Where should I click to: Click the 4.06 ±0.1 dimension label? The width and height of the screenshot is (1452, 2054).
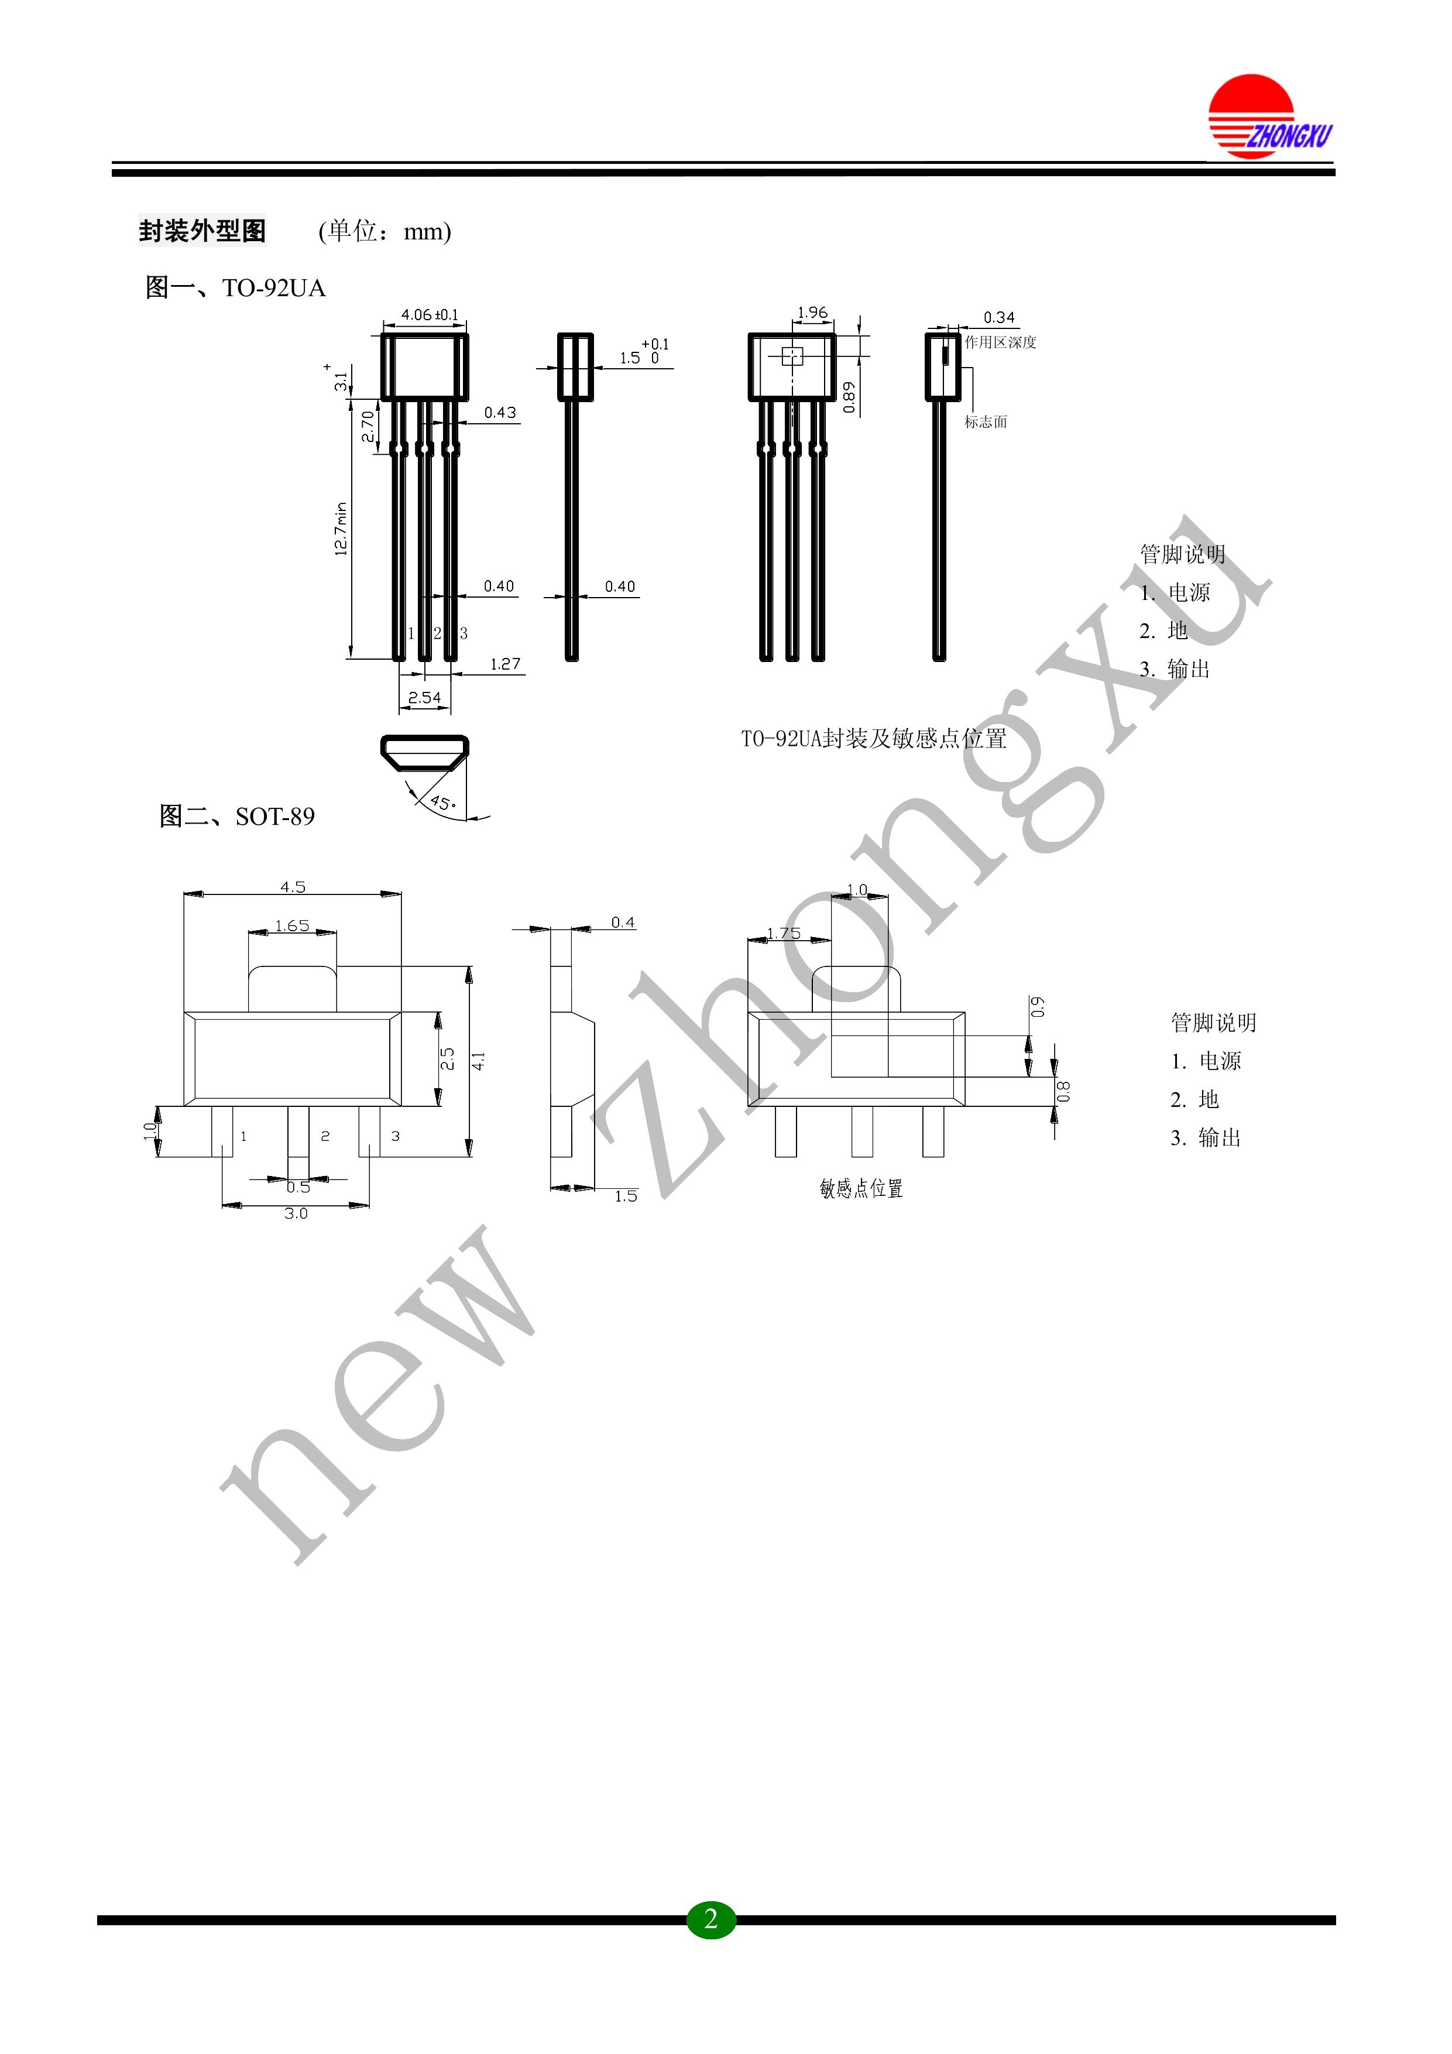click(430, 315)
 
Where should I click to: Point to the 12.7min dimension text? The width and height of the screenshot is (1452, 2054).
click(341, 530)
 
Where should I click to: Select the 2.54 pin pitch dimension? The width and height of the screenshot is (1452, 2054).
click(424, 698)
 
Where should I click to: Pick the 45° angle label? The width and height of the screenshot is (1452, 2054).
click(442, 803)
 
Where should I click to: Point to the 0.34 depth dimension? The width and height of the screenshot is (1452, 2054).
click(1000, 318)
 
